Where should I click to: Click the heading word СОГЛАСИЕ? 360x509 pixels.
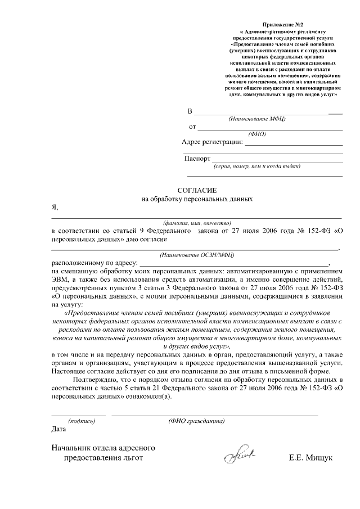coord(197,190)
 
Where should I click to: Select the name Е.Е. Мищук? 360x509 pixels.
coord(311,458)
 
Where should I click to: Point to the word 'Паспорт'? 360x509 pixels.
coord(197,159)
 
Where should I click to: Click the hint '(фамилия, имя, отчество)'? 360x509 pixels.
coord(193,223)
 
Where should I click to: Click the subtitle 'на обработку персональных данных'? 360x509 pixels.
coord(197,199)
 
